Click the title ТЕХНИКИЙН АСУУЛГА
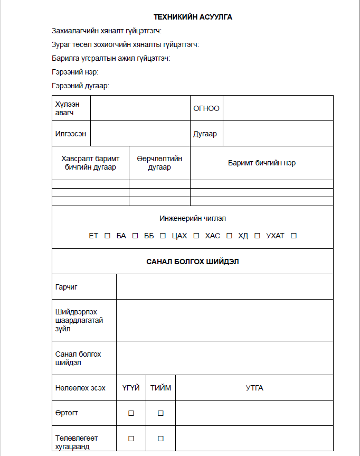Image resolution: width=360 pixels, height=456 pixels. [x=193, y=17]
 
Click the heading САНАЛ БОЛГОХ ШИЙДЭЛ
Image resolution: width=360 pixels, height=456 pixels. [x=193, y=262]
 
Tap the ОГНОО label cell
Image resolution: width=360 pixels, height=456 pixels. [x=206, y=108]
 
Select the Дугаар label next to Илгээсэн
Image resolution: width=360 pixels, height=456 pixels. [x=205, y=134]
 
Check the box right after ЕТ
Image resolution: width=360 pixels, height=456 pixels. [x=107, y=236]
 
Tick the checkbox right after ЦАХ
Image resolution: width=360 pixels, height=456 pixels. [x=196, y=236]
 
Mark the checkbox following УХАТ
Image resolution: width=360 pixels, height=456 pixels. [x=293, y=236]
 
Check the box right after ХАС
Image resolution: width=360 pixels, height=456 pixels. [x=229, y=236]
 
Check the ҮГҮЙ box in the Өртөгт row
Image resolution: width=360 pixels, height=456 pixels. [x=131, y=413]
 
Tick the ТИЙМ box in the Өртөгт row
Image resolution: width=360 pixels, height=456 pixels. [x=160, y=413]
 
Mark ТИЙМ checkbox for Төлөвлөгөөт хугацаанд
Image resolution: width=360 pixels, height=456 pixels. [x=160, y=438]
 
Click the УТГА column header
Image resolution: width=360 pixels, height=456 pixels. [x=254, y=388]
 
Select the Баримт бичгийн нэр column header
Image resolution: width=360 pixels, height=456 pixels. [x=262, y=163]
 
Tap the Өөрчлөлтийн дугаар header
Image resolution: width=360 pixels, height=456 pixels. [x=159, y=163]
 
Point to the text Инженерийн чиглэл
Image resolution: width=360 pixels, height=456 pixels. [x=193, y=218]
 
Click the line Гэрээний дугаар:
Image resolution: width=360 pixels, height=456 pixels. [x=80, y=86]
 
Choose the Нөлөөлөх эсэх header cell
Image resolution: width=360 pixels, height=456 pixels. [x=80, y=388]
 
